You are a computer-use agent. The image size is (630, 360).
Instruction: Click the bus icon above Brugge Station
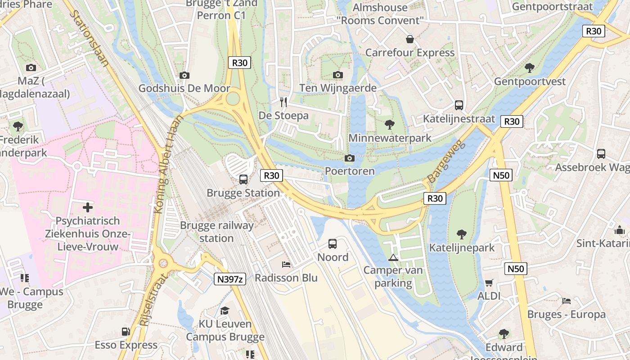pos(243,180)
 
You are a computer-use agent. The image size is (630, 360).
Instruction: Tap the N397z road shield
pos(229,279)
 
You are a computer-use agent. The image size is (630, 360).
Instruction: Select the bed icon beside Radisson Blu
pos(286,265)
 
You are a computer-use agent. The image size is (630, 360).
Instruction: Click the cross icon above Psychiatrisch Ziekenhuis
pos(88,207)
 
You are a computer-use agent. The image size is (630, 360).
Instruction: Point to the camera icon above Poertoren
pos(349,158)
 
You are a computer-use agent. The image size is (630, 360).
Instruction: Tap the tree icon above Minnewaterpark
pos(390,125)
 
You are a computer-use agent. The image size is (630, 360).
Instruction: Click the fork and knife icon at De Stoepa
pos(283,102)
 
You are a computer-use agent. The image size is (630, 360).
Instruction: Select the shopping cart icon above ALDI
pos(489,283)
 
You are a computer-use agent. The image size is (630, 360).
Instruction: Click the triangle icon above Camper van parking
pos(393,257)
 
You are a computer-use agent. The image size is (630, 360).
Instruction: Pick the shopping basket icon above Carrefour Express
pos(410,40)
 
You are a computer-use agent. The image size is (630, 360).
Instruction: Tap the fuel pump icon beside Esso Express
pos(126,332)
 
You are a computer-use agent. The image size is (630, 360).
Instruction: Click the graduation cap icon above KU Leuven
pos(225,310)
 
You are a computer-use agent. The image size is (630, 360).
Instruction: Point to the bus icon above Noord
pos(333,244)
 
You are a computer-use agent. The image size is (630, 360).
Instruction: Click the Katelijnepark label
pos(462,247)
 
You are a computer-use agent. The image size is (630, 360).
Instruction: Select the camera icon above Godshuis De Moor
pos(184,75)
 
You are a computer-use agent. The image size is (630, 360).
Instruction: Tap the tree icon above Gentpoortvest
pos(530,68)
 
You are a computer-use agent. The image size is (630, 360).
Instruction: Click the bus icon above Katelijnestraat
pos(459,105)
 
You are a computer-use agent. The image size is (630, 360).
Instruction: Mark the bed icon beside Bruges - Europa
pos(567,301)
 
